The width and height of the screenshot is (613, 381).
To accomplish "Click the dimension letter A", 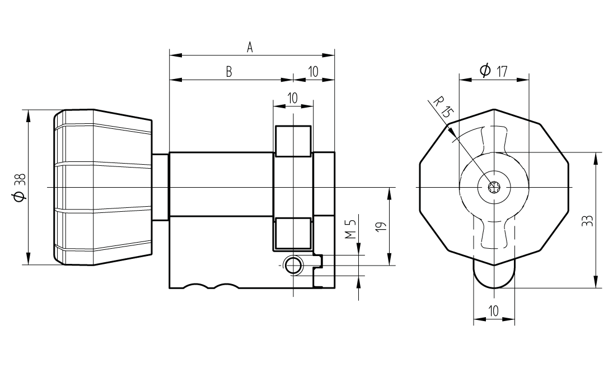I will pos(250,48).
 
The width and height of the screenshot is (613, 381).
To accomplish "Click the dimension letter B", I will pos(229,72).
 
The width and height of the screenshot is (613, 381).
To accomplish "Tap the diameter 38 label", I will pos(19,187).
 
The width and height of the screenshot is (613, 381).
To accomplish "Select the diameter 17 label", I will pos(493,71).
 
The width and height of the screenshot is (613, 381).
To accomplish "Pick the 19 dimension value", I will pos(380,226).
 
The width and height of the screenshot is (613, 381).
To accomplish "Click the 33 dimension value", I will pos(586,220).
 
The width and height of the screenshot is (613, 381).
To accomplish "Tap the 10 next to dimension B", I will pos(312,72).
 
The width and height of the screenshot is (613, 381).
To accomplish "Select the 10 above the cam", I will pos(292,97).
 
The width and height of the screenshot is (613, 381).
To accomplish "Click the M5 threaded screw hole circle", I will pos(292,266).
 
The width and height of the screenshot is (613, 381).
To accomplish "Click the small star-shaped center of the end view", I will pos(494,187).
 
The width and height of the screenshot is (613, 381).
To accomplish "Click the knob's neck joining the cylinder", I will pos(160,186).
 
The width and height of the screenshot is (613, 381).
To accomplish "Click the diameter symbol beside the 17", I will pos(485,71).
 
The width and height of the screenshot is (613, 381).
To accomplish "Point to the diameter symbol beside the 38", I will pos(19,197).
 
